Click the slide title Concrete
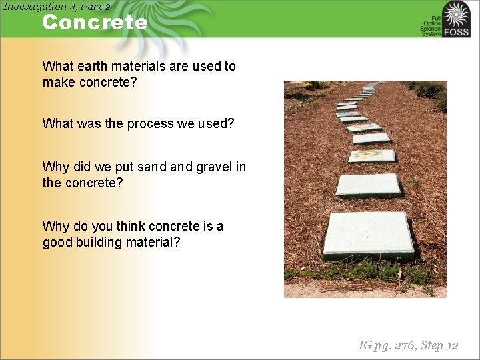click(94, 22)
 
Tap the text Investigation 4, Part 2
click(56, 6)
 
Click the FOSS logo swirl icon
click(457, 14)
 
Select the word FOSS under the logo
click(457, 32)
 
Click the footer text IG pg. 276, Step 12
click(408, 345)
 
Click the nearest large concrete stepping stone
click(368, 235)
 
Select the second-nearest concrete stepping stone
click(367, 185)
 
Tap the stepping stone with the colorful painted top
click(371, 155)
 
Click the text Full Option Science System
click(431, 25)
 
